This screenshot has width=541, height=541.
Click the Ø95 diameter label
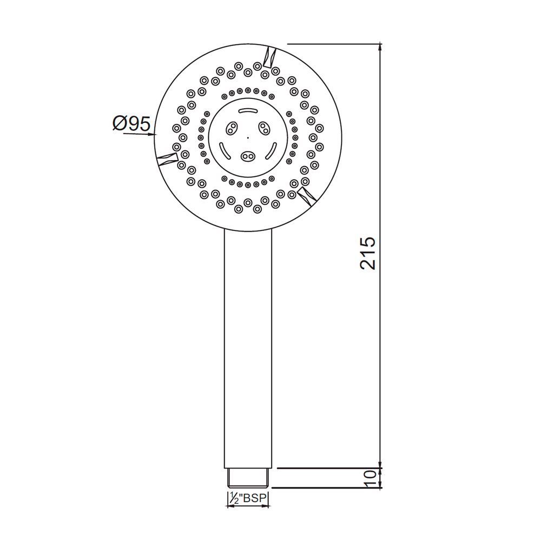[x=131, y=124]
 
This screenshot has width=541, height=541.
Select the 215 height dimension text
[x=368, y=252]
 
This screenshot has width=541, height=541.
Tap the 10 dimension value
[x=370, y=478]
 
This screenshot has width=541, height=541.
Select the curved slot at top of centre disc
[x=248, y=111]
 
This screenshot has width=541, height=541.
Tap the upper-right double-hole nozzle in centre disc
[x=265, y=127]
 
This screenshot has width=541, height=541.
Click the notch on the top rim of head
[x=269, y=56]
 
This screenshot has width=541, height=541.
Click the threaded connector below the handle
[x=248, y=478]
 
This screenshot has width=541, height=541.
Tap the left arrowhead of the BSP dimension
[x=228, y=506]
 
